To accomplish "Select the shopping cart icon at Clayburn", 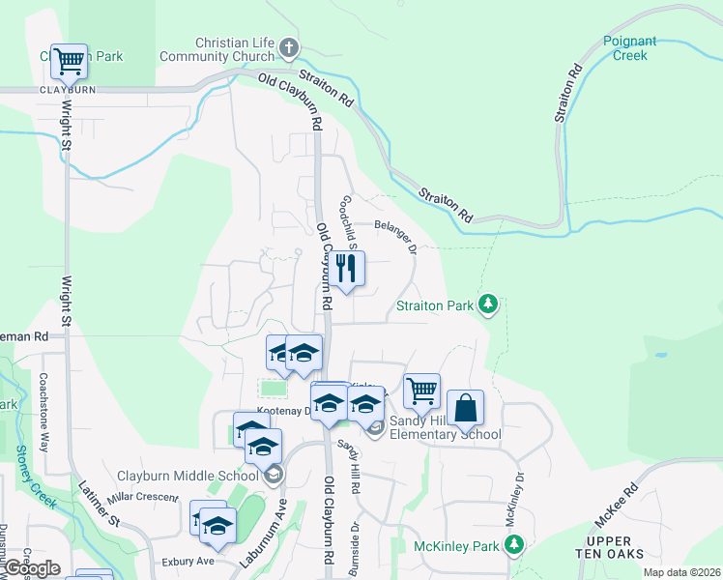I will pyautogui.click(x=69, y=62).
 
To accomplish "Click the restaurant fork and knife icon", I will pyautogui.click(x=348, y=268).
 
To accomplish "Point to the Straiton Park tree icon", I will pyautogui.click(x=489, y=305).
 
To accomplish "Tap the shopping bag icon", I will pyautogui.click(x=465, y=409).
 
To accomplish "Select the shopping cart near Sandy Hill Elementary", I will pyautogui.click(x=421, y=391).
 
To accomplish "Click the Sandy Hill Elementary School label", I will pyautogui.click(x=445, y=427).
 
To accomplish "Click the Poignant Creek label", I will pyautogui.click(x=629, y=48).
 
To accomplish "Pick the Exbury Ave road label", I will pyautogui.click(x=188, y=561).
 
